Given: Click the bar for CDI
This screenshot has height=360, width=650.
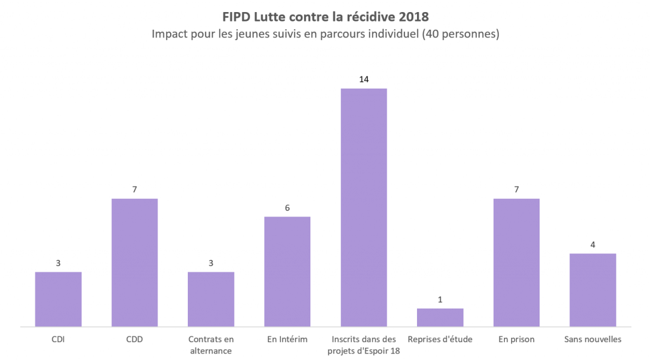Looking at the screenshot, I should (x=58, y=299).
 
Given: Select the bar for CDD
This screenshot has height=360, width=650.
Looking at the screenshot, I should (x=135, y=263).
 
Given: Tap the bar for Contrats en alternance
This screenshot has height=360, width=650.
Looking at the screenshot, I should (x=211, y=299).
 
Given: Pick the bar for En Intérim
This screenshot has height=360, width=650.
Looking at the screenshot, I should (x=288, y=272).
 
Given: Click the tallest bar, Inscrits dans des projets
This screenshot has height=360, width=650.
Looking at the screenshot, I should (x=364, y=208).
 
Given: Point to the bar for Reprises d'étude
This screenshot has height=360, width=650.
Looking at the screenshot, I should (x=440, y=317).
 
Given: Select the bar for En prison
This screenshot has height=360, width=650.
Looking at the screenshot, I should (x=516, y=263).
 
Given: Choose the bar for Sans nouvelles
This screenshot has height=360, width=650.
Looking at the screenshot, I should (x=593, y=290).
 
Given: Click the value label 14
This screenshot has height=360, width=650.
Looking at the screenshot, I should (x=364, y=79).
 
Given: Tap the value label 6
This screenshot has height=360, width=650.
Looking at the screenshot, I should (x=288, y=208).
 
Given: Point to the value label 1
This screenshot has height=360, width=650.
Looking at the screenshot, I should (x=440, y=299).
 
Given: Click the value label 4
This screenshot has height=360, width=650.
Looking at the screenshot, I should (x=593, y=244).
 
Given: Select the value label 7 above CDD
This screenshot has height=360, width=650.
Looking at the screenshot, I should (x=135, y=189).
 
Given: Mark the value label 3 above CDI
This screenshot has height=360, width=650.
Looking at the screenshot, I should (x=58, y=263).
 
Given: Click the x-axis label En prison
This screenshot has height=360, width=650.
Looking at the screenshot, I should (x=516, y=339).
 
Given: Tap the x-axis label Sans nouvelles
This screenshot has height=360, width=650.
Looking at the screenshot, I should (x=593, y=339).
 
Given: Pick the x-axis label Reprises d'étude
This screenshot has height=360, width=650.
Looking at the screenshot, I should (x=440, y=339).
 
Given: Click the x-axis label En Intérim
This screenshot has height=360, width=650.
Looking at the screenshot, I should (x=288, y=339).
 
